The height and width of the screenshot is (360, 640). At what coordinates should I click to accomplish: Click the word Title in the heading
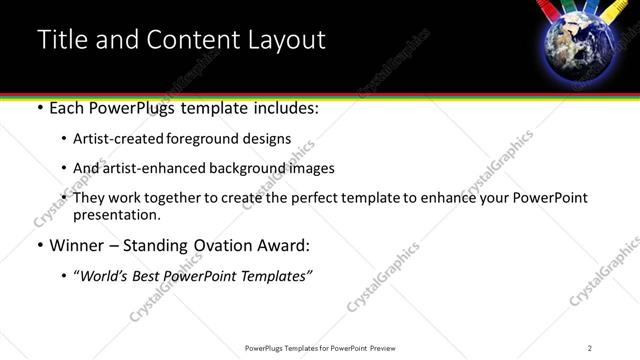64,40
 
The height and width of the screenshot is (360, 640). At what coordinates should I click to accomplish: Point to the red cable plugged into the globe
550,11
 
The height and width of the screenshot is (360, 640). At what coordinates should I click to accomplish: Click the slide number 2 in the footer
589,348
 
